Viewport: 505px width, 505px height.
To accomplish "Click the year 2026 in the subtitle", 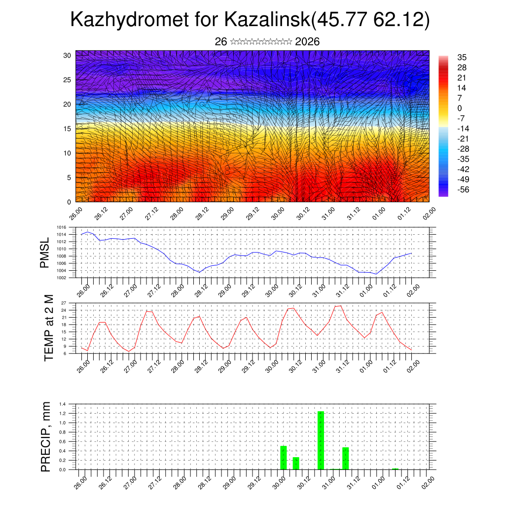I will coord(307,42).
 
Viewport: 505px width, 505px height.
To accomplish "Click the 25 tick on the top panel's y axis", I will coord(68,79).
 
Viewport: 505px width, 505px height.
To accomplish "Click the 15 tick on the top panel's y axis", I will coord(68,128).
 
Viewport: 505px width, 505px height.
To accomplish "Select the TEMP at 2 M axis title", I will coord(48,327).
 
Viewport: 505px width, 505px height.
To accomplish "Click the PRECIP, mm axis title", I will coord(46,436).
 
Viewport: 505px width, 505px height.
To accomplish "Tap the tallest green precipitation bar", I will coord(321,440).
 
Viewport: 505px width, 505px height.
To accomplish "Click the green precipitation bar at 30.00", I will coord(284,457).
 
